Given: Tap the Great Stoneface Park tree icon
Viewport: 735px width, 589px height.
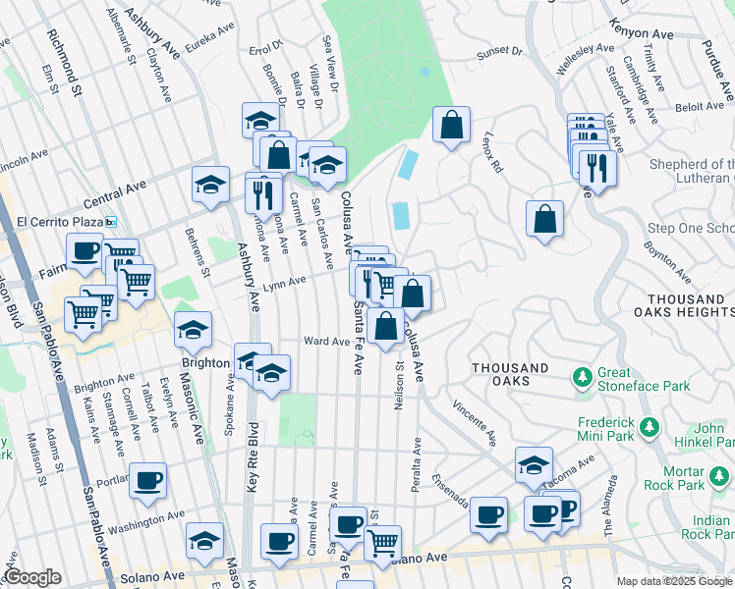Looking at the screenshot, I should pos(582,375).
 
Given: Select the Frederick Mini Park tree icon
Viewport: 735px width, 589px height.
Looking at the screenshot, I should pos(648,427).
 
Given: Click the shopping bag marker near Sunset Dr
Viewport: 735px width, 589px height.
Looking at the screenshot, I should pos(451,125).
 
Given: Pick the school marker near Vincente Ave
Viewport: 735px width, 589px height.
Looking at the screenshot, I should pos(534,465).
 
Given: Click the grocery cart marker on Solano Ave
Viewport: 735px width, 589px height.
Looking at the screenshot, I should pos(384,539).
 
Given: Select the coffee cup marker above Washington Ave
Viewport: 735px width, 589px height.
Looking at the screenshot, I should pos(148,480).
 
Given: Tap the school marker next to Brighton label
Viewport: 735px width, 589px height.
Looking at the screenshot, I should pos(194,330).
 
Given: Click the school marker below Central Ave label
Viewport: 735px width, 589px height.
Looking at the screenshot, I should pos(210,185).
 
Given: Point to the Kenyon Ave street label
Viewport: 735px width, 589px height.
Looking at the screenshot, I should pos(642,31).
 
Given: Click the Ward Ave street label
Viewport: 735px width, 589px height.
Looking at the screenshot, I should pos(327,342).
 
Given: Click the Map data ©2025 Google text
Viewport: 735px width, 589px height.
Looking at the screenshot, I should pos(673,581).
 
